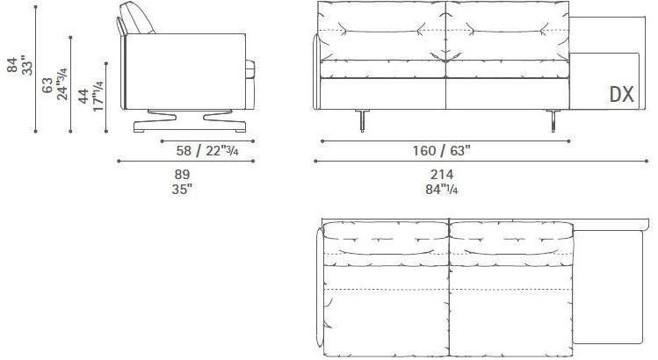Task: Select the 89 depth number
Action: (182, 174)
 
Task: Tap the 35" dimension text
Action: (182, 187)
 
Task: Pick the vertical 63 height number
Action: (48, 85)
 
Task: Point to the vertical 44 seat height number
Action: (83, 97)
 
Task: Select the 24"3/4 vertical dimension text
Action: (62, 83)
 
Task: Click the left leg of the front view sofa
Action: (361, 121)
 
